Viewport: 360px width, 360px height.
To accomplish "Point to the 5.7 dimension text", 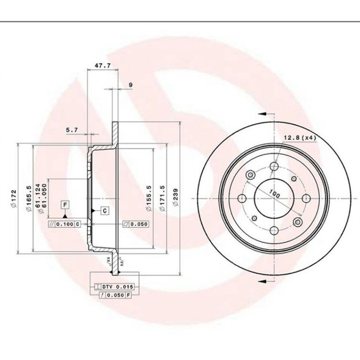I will tap(72, 130).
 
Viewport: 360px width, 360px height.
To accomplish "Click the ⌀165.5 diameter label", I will tap(29, 198).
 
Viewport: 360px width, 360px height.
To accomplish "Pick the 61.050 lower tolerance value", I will tap(45, 198).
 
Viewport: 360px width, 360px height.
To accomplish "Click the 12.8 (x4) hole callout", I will tap(299, 137).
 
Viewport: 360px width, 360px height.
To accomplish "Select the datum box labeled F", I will tap(66, 205).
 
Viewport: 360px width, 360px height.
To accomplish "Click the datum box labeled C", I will tap(104, 210).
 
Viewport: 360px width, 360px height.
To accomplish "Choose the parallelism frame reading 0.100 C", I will tap(64, 224).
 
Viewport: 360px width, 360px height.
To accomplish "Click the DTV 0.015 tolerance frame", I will tap(110, 287).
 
